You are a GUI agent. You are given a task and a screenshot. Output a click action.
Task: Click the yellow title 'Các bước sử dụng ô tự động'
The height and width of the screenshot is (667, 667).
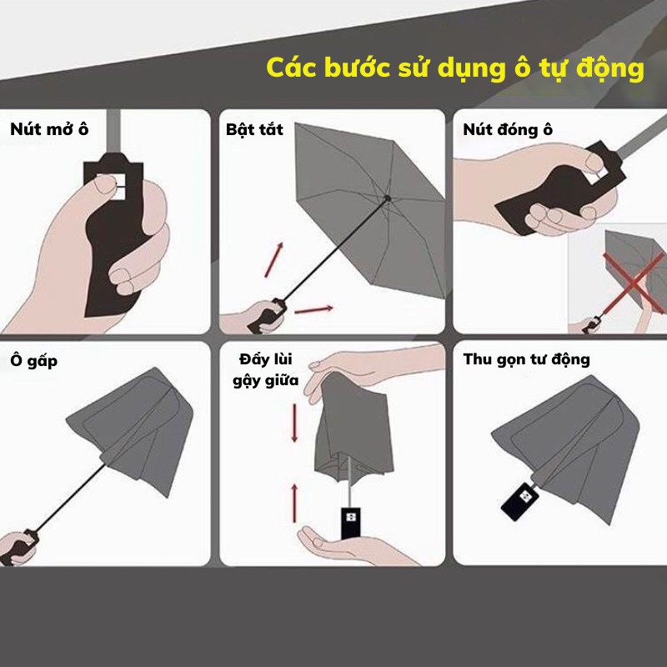tap(454, 68)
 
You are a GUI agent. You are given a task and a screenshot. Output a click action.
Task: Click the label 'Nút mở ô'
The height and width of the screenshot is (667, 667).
tap(49, 129)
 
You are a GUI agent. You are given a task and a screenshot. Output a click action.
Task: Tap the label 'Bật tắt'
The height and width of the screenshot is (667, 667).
tap(254, 129)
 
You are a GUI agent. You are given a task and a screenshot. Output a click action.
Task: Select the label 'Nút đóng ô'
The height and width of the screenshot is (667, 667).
tap(508, 129)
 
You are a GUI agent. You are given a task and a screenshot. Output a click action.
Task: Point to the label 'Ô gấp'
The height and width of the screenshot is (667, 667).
tap(33, 361)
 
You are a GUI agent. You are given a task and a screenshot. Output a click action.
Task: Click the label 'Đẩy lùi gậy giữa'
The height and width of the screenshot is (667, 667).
tap(266, 369)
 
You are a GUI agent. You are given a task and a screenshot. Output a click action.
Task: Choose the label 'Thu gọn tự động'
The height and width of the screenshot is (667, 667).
tap(527, 359)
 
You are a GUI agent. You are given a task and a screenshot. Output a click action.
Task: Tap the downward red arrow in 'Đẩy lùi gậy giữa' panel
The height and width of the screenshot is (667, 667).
tap(294, 423)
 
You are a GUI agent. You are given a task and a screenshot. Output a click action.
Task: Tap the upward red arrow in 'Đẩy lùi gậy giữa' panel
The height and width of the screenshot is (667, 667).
tap(294, 503)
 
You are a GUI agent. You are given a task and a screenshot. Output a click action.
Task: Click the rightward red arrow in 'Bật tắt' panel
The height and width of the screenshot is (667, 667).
tap(314, 309)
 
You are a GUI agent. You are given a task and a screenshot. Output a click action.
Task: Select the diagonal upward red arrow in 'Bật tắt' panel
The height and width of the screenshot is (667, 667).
tap(274, 260)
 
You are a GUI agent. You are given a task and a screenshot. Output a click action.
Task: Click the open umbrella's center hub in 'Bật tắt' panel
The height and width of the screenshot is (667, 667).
tap(388, 198)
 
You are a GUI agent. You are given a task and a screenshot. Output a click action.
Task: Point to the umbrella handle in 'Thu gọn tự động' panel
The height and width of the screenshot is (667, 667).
tap(519, 502)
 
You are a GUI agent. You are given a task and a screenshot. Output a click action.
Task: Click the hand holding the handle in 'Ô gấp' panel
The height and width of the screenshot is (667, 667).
tap(15, 548)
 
